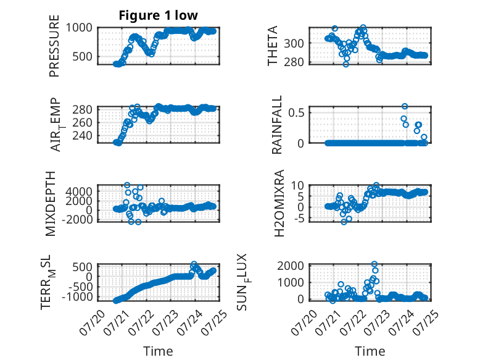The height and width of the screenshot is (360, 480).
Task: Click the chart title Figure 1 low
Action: coord(159,15)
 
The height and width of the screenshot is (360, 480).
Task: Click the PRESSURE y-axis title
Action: coord(54,46)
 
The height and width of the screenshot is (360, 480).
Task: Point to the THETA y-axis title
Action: coord(272,46)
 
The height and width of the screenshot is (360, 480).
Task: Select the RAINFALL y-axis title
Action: coord(276,125)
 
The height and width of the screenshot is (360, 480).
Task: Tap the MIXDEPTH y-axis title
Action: coord(50,204)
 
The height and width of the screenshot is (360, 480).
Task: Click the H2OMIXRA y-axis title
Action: coord(279,203)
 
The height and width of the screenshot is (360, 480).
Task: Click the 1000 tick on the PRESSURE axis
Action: coord(79,28)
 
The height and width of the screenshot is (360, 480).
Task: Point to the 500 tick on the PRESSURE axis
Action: coord(82,56)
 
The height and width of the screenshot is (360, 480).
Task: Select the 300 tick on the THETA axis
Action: coord(294,43)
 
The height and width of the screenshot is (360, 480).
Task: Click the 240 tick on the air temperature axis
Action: coord(82,135)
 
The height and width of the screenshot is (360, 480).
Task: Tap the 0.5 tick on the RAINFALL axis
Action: coord(296,112)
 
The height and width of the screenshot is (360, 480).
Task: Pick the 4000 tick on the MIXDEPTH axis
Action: coord(79,191)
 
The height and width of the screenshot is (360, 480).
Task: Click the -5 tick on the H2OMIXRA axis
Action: coord(299,219)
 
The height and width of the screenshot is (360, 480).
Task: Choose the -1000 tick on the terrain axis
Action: coord(77,296)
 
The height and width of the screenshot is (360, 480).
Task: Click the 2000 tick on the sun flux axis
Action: coord(291,266)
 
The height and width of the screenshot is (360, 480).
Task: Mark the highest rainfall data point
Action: coord(405,106)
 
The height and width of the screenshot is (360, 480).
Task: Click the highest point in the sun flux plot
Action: coord(374,264)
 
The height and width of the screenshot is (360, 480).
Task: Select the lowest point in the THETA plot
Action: coord(346,64)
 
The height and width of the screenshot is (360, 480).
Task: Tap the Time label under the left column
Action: coord(159,351)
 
